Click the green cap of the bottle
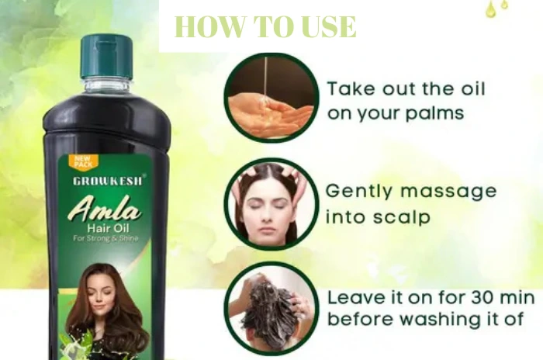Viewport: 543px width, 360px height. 107,57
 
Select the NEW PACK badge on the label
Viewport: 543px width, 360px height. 83,162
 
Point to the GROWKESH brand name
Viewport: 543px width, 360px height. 108,181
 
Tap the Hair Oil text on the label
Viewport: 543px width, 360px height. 108,228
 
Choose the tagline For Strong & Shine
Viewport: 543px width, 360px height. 105,238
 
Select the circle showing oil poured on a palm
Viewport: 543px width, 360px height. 271,98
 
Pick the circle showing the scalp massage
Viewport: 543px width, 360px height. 271,204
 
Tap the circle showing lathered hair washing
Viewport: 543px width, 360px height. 271,308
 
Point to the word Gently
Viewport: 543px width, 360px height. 359,192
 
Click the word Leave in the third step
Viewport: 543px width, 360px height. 356,298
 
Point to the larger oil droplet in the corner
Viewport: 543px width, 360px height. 490,10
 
